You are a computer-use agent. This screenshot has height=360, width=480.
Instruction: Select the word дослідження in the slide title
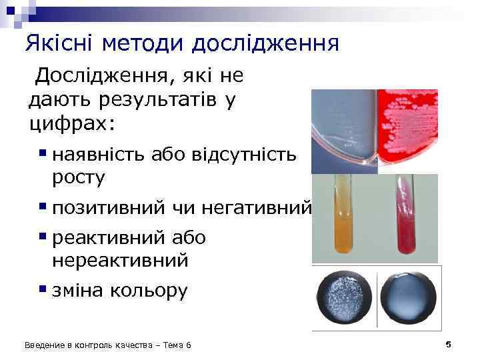pyautogui.click(x=266, y=43)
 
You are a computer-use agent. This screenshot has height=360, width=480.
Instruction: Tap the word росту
pyautogui.click(x=78, y=177)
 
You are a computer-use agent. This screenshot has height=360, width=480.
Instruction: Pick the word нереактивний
pyautogui.click(x=120, y=260)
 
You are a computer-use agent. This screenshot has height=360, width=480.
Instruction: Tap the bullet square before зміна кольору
pyautogui.click(x=42, y=289)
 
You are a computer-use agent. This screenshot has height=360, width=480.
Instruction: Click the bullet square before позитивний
pyautogui.click(x=42, y=206)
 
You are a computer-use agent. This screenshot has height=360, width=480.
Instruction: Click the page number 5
pyautogui.click(x=449, y=344)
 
